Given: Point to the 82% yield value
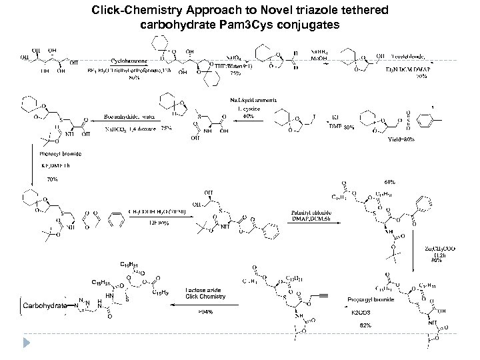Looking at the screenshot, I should point(365,325).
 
